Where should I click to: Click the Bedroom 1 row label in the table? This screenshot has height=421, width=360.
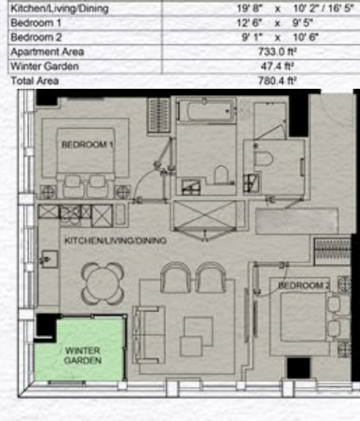click(36, 23)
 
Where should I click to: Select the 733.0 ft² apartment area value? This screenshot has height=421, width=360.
click(277, 51)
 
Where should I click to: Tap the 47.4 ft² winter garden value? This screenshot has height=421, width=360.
click(277, 66)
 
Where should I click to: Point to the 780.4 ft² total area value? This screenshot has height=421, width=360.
click(277, 80)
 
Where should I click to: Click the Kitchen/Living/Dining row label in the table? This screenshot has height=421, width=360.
click(60, 8)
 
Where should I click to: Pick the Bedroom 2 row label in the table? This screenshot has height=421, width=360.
click(36, 37)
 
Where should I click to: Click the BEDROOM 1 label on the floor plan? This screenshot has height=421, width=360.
click(87, 145)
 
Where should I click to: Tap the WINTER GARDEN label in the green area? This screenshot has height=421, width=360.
click(83, 355)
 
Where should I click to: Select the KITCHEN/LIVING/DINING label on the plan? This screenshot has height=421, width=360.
click(116, 240)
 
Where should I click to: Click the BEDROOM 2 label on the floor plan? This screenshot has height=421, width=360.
click(304, 285)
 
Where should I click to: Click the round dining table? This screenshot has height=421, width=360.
click(103, 284)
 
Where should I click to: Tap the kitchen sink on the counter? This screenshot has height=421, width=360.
click(49, 260)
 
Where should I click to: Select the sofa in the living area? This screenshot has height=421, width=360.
click(149, 335)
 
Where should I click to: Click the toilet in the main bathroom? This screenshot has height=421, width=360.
click(221, 175)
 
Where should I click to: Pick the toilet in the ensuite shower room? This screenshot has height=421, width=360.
click(263, 159)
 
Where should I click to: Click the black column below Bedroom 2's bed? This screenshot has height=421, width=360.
click(299, 368)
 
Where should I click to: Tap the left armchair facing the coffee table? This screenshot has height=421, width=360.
click(176, 278)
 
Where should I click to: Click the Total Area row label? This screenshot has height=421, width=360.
click(35, 81)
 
